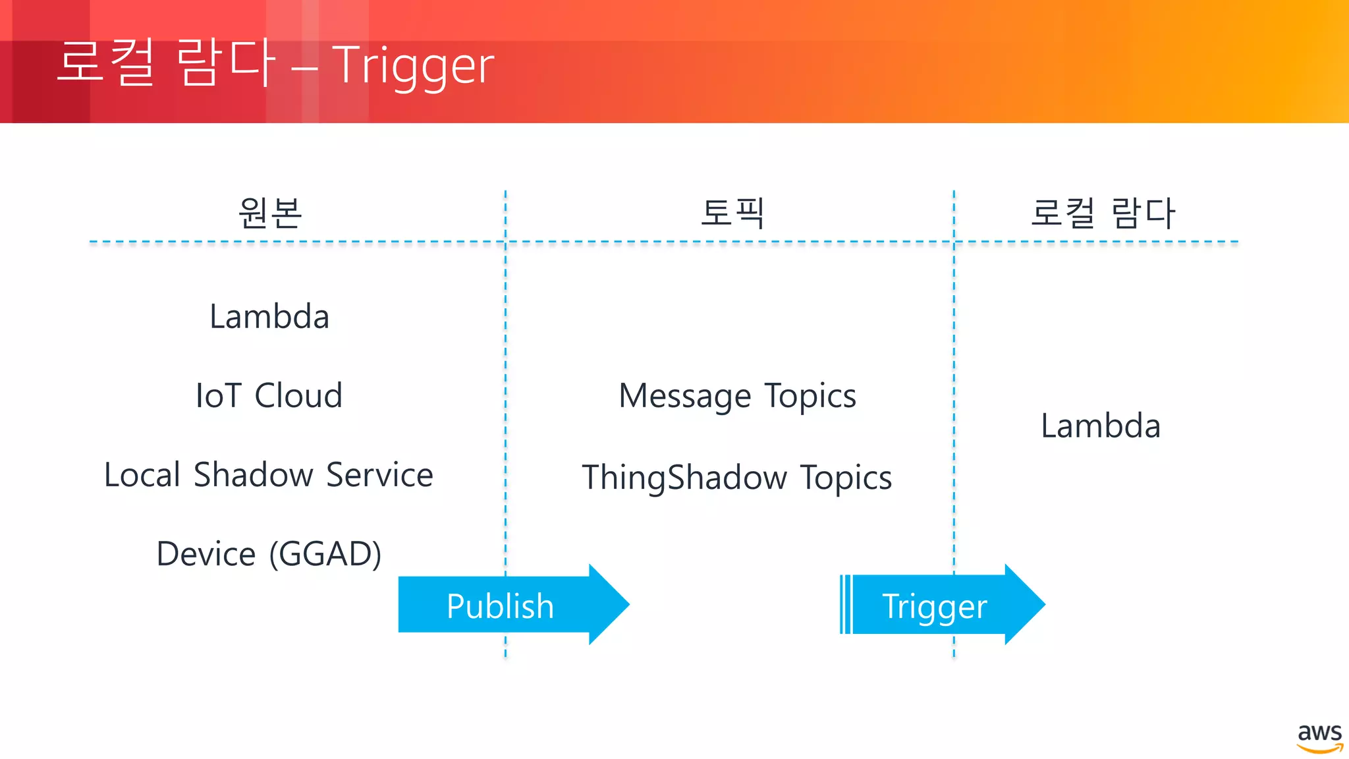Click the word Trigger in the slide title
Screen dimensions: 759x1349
pos(412,66)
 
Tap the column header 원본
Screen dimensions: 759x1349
pos(270,213)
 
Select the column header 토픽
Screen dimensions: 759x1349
pos(732,213)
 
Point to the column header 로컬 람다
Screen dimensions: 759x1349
pos(1103,213)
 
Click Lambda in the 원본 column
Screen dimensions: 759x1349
pos(269,317)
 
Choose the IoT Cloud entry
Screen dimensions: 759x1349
pos(269,396)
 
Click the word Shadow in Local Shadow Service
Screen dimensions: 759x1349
pos(254,475)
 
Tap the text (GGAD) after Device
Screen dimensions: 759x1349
pos(325,554)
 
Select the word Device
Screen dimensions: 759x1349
pos(206,554)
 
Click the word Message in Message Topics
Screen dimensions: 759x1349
pos(685,397)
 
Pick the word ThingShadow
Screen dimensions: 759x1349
pos(685,478)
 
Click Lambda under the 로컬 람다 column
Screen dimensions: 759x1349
pos(1101,426)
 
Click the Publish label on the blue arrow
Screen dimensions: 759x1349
pos(500,606)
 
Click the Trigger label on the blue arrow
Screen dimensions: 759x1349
pos(934,606)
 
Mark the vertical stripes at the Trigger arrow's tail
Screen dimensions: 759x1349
pos(846,604)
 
